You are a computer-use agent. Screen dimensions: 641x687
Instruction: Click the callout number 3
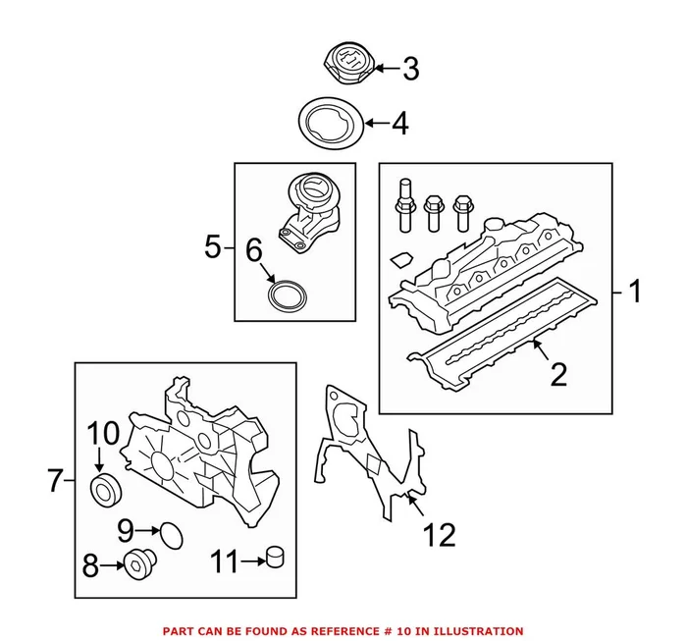pyautogui.click(x=410, y=69)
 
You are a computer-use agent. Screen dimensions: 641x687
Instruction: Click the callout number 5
pyautogui.click(x=212, y=246)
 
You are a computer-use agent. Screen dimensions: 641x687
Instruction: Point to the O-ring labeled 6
pyautogui.click(x=287, y=294)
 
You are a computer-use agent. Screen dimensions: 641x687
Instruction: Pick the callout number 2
pyautogui.click(x=557, y=374)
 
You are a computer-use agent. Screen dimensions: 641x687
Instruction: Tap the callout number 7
pyautogui.click(x=55, y=481)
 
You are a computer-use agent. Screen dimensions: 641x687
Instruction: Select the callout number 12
pyautogui.click(x=439, y=535)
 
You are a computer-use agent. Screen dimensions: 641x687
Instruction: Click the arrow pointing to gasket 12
pyautogui.click(x=415, y=506)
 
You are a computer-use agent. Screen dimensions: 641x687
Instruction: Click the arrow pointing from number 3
pyautogui.click(x=383, y=69)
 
